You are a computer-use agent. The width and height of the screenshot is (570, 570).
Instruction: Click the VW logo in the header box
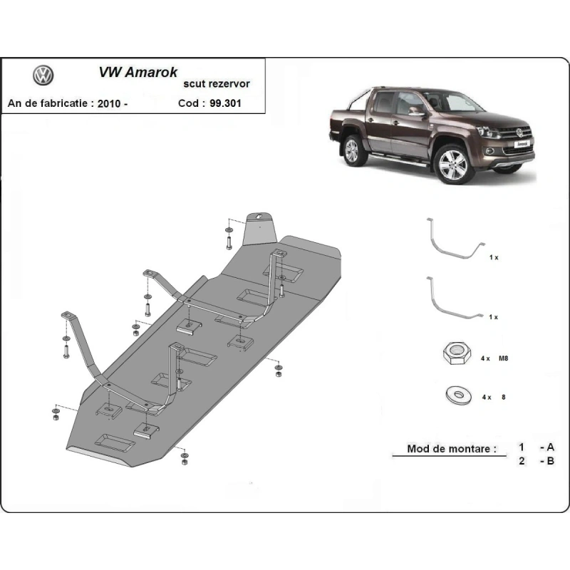pyautogui.click(x=43, y=76)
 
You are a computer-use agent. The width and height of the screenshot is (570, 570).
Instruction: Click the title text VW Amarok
pyautogui.click(x=137, y=72)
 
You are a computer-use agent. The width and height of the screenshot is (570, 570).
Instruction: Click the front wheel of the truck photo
pyautogui.click(x=453, y=165)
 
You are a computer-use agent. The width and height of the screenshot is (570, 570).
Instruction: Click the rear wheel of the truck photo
pyautogui.click(x=352, y=151)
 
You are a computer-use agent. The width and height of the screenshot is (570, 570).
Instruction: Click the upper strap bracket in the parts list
pyautogui.click(x=454, y=241)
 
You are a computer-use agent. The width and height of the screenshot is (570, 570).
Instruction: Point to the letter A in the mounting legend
pyautogui.click(x=550, y=447)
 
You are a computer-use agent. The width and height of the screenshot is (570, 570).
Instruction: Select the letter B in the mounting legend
pyautogui.click(x=550, y=462)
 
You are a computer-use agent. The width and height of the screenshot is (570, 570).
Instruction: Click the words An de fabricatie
pyautogui.click(x=48, y=103)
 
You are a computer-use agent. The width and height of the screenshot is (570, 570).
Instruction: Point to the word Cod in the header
pyautogui.click(x=189, y=103)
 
